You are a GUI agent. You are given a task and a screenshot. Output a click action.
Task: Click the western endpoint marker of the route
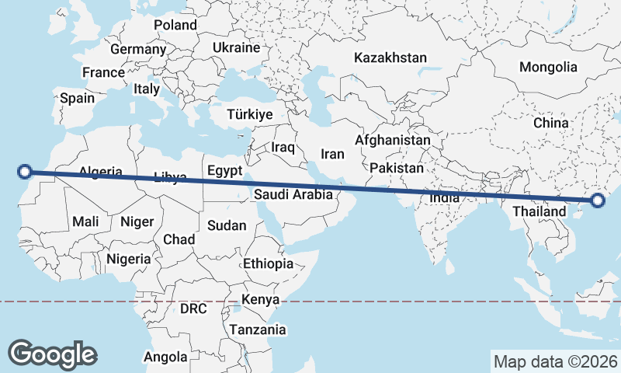[x=25, y=173]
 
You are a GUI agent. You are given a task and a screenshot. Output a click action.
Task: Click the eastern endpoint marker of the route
[x=597, y=201]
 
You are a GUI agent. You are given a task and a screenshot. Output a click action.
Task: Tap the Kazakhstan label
[x=390, y=58]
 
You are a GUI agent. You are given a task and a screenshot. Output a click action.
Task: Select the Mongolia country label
[x=549, y=67]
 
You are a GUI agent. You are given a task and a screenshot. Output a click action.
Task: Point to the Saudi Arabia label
[x=293, y=195]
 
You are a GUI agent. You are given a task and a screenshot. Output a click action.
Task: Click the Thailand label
[x=539, y=211]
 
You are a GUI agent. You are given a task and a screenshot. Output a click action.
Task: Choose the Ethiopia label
[x=269, y=263]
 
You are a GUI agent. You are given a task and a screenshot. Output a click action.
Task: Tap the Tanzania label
[x=257, y=329]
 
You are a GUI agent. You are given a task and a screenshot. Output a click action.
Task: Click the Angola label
[x=165, y=357]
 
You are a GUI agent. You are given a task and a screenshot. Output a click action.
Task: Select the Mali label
[x=85, y=222]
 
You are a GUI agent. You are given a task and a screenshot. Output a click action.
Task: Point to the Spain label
[x=77, y=98]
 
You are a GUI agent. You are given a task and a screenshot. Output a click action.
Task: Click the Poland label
[x=175, y=25]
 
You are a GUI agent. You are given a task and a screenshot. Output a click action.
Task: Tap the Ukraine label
[x=236, y=48]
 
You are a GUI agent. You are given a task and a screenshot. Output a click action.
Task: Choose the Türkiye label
[x=250, y=114]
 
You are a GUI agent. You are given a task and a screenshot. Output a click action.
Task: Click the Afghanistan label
[x=392, y=141]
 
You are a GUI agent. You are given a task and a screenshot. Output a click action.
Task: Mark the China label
[x=551, y=123]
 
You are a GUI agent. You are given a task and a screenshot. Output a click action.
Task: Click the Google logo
[x=52, y=354]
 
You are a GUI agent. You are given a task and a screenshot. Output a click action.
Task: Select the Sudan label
[x=227, y=225]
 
